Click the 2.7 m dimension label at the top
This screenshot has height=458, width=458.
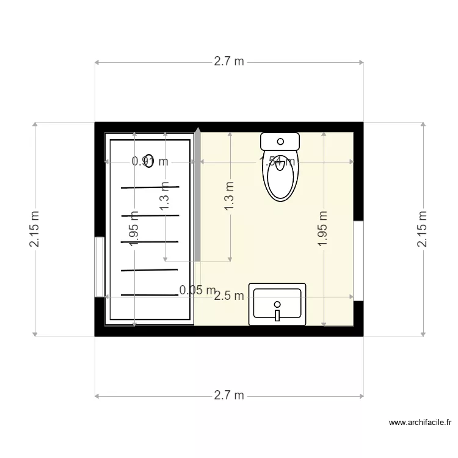pyautogui.click(x=229, y=62)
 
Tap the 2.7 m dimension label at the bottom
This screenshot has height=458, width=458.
pyautogui.click(x=229, y=396)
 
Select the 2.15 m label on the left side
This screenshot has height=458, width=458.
pyautogui.click(x=35, y=230)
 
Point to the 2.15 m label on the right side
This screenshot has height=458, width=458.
pyautogui.click(x=422, y=230)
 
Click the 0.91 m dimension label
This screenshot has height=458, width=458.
pyautogui.click(x=150, y=162)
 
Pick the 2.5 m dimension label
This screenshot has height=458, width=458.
pyautogui.click(x=229, y=297)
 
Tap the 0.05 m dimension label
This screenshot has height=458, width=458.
pyautogui.click(x=197, y=289)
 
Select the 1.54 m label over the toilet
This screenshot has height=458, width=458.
pyautogui.click(x=278, y=162)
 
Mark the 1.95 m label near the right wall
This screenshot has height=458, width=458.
pyautogui.click(x=323, y=230)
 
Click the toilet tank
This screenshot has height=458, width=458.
pyautogui.click(x=280, y=142)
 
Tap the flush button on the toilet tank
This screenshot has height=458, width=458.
pyautogui.click(x=280, y=141)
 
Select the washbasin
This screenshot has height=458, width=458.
pyautogui.click(x=277, y=304)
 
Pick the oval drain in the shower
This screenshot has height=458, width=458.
pyautogui.click(x=148, y=160)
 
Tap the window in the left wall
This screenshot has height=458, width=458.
pyautogui.click(x=98, y=267)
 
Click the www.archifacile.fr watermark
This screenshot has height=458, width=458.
pyautogui.click(x=420, y=422)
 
